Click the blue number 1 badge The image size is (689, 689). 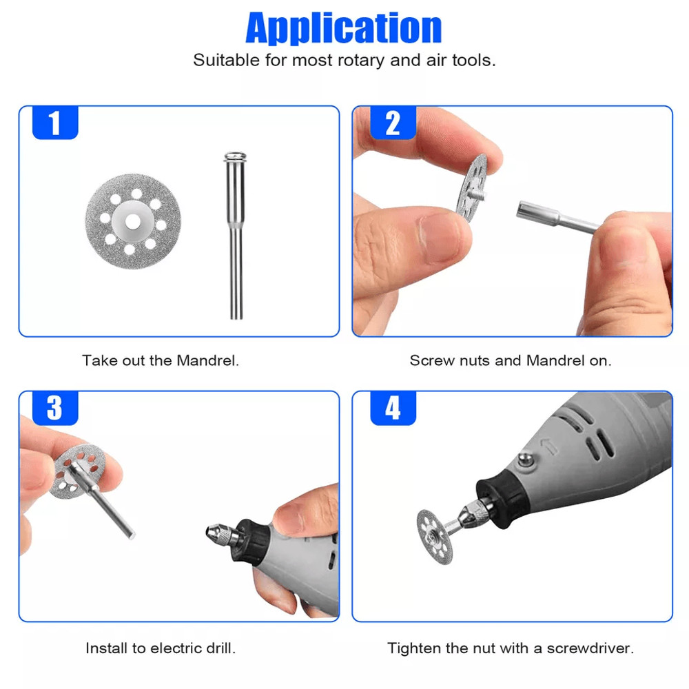(x=55, y=124)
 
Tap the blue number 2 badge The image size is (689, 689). (x=393, y=124)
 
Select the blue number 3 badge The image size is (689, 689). (x=55, y=409)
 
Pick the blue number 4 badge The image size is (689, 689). (x=393, y=409)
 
